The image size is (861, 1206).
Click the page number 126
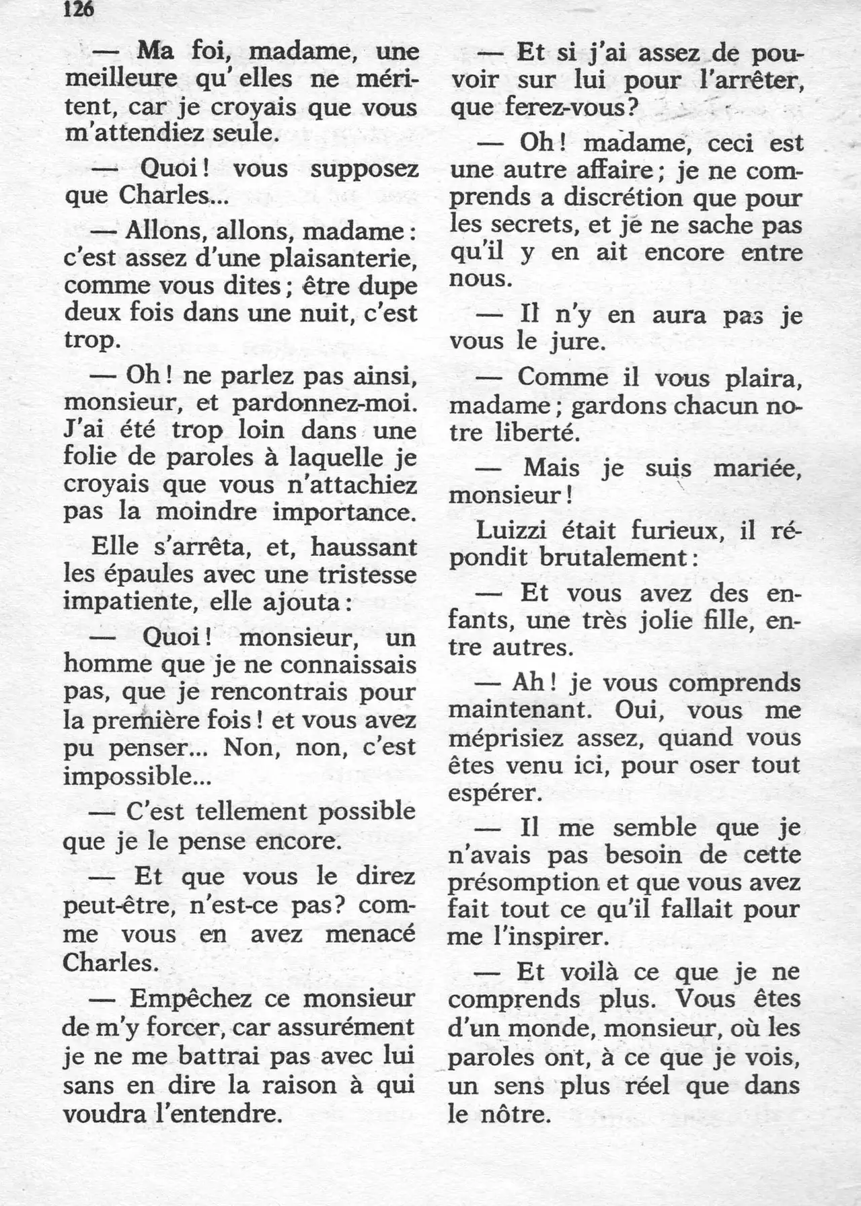point(79,9)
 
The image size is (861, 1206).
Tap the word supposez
point(364,169)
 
